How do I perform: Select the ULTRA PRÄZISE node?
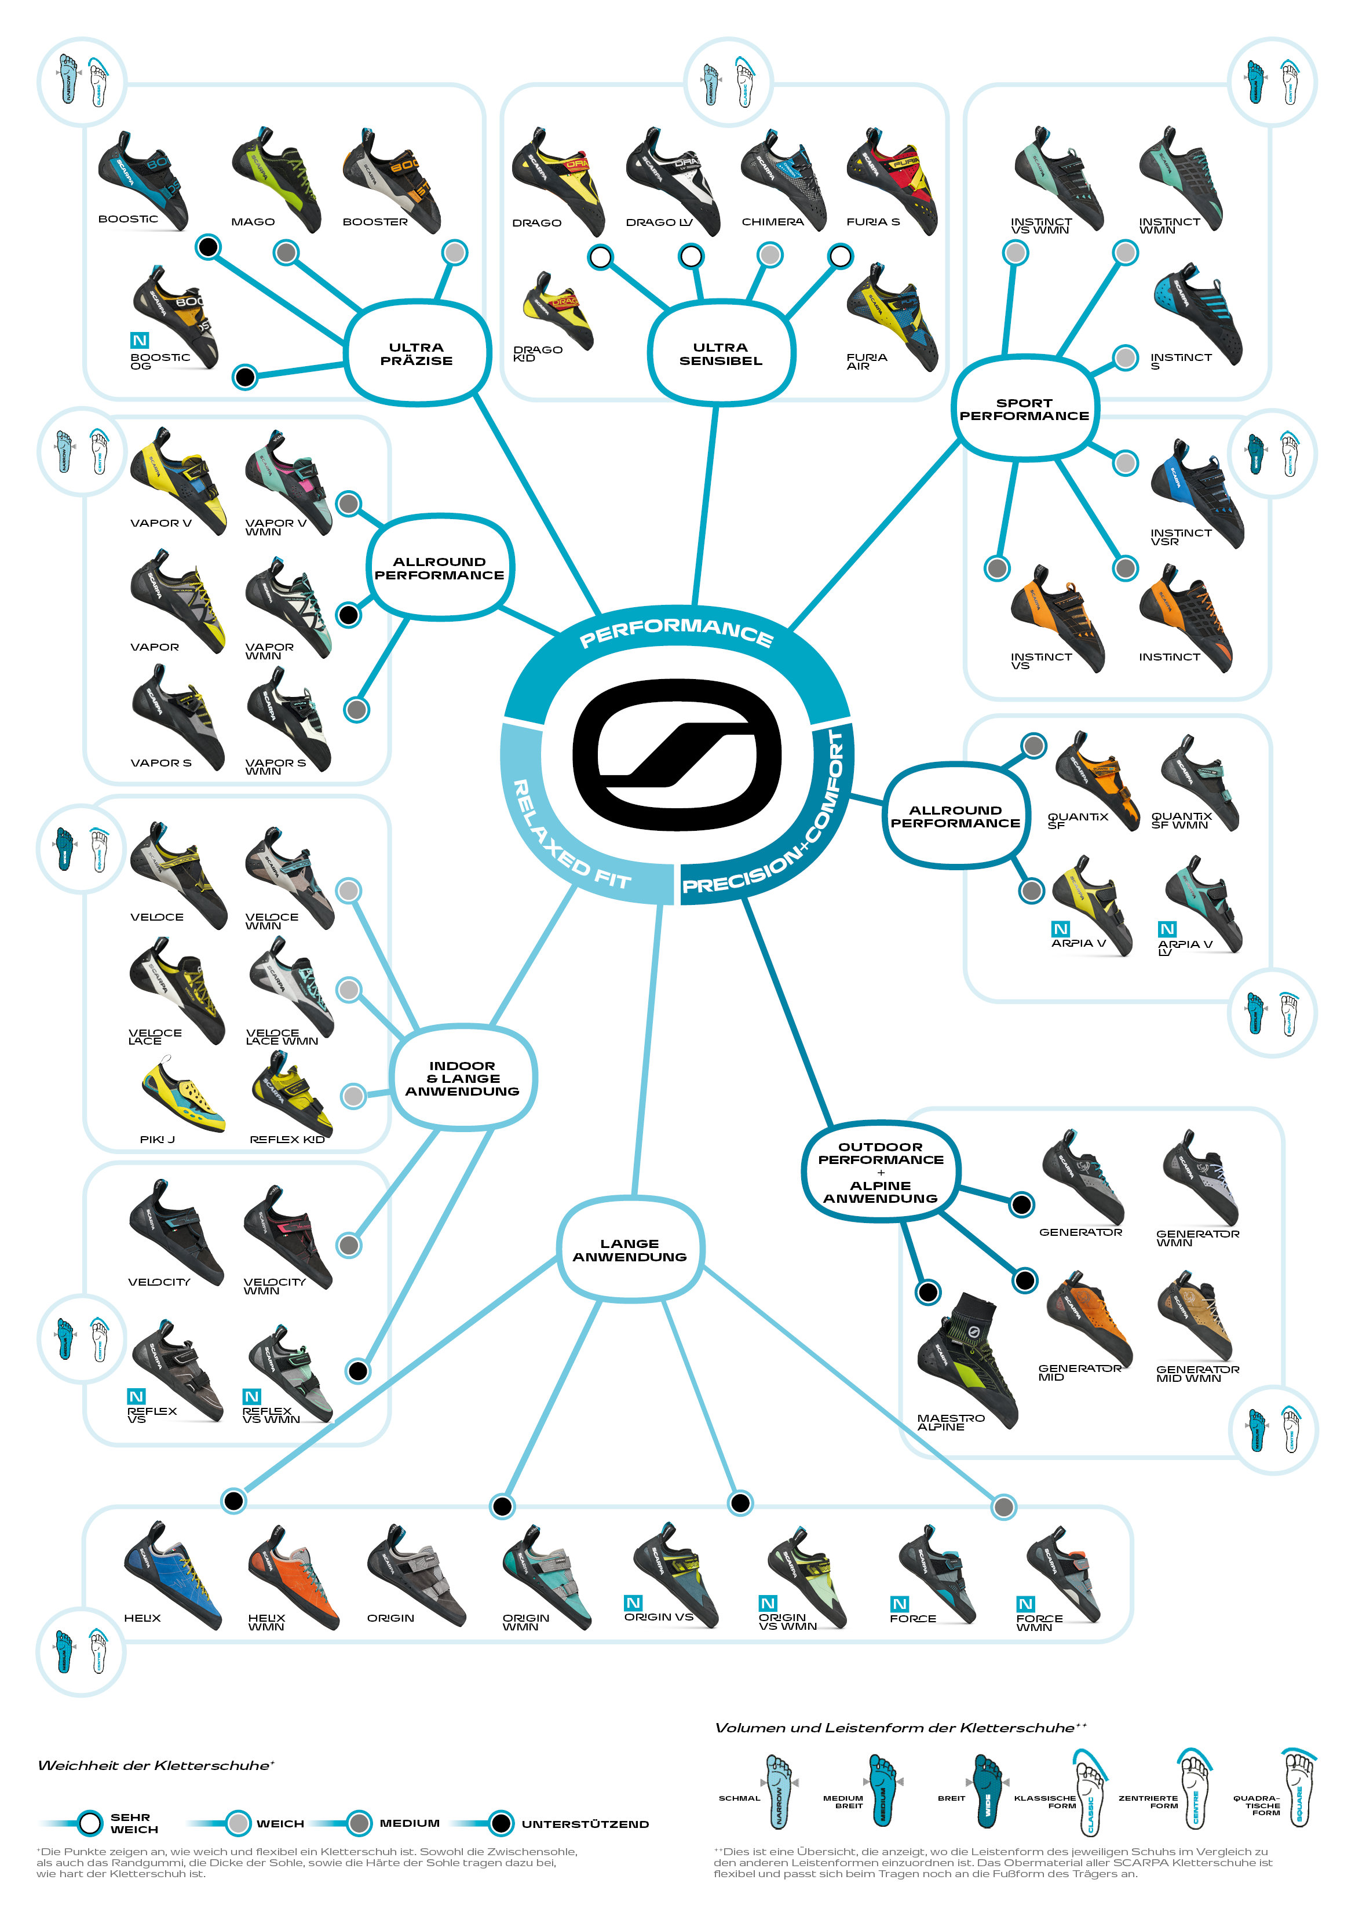(417, 354)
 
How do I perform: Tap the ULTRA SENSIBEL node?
(721, 354)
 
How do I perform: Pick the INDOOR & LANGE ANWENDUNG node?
(462, 1078)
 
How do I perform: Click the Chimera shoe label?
(773, 222)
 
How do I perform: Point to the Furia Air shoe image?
(893, 326)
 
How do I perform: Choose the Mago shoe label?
(253, 222)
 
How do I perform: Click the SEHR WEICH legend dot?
(90, 1823)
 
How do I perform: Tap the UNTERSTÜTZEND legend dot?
(501, 1823)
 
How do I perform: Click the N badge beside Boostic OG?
(140, 341)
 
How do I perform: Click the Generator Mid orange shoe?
(1090, 1319)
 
